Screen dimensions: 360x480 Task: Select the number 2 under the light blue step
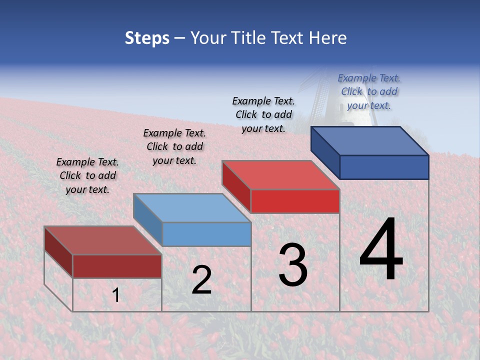(201, 280)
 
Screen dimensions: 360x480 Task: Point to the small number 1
(115, 295)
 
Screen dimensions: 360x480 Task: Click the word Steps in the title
(147, 38)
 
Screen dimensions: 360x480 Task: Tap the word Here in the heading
(327, 38)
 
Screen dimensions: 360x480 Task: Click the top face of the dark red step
(102, 240)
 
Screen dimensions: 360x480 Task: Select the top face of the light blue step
(192, 208)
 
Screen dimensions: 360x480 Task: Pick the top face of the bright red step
(281, 175)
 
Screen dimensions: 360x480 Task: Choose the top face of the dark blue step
(370, 141)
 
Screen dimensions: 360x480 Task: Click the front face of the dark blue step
(384, 167)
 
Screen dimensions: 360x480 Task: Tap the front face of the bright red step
(295, 201)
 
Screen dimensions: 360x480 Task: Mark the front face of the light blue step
(206, 234)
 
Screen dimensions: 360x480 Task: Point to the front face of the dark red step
(117, 266)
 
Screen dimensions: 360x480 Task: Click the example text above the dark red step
(87, 175)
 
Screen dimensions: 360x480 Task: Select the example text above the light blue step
(174, 146)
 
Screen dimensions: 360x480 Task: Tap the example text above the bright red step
(263, 114)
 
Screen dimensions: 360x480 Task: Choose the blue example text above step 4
(369, 91)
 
